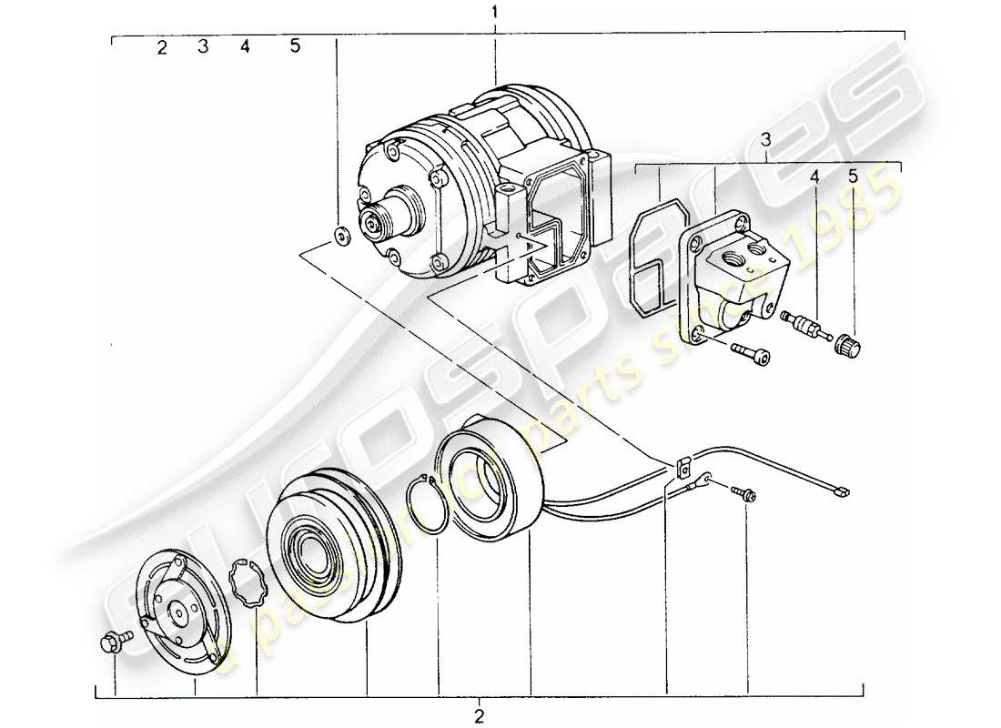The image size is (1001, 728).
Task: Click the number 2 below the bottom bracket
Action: point(480,713)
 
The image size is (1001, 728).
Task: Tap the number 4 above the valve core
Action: point(815,177)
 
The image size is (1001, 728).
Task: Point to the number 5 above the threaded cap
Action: point(853,177)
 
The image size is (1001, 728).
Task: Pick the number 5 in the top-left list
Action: point(295,46)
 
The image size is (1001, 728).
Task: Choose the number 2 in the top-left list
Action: point(162,48)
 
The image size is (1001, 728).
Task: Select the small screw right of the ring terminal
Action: point(744,493)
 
